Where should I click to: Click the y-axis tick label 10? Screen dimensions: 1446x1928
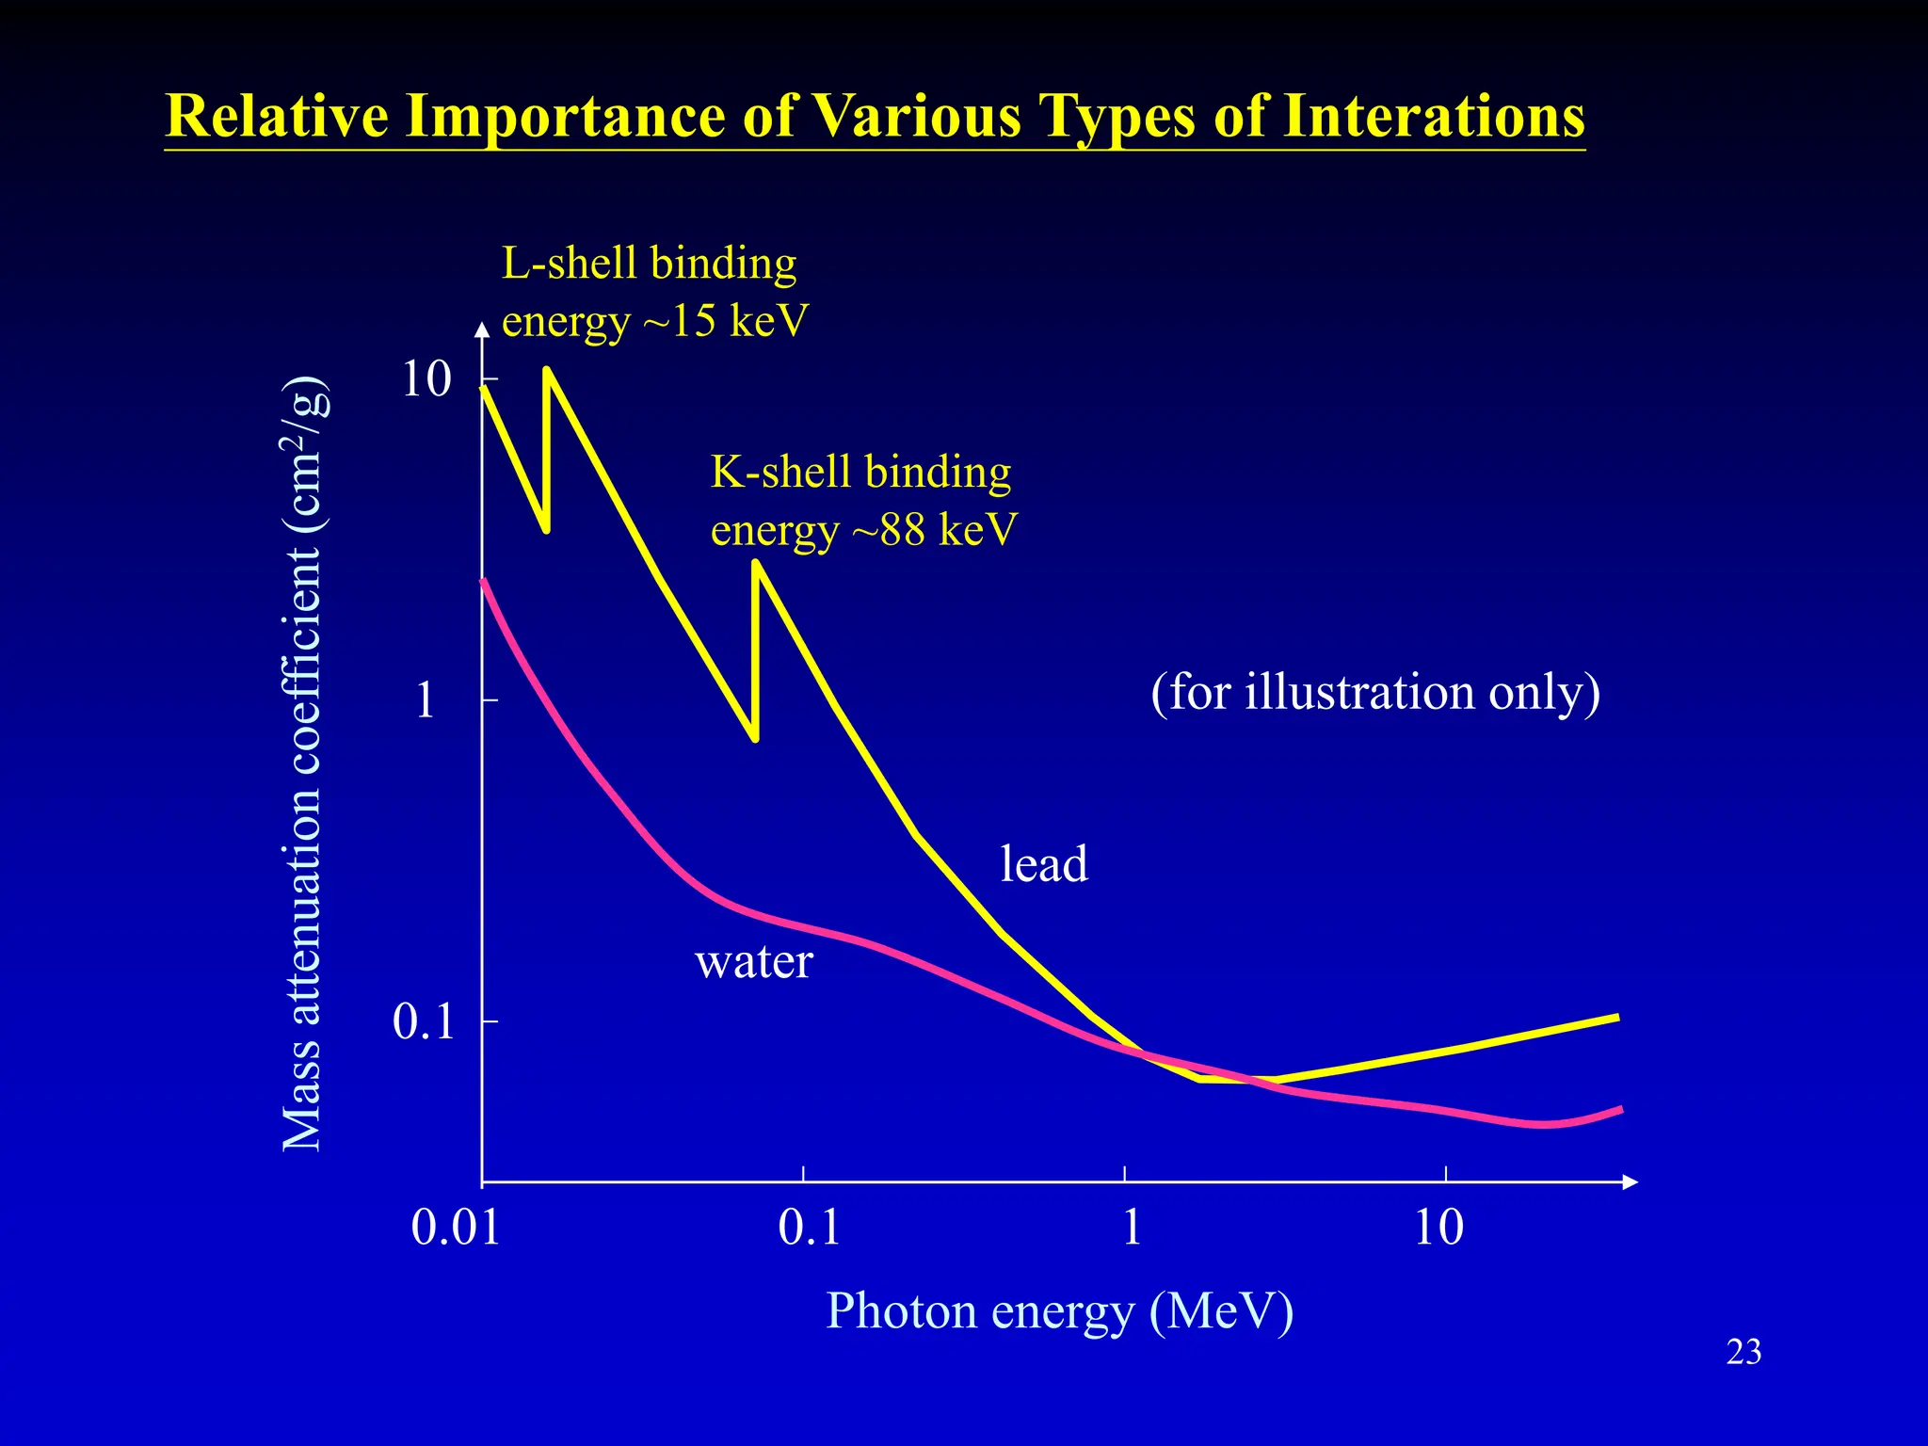[x=426, y=379]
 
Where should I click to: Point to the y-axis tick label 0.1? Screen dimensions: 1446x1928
[x=424, y=1021]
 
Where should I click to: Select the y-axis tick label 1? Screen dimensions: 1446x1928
[x=426, y=700]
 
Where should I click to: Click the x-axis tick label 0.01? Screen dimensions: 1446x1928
[x=456, y=1228]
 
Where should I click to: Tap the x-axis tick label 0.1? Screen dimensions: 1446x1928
[x=809, y=1228]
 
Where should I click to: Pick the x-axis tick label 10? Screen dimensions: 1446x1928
[x=1438, y=1228]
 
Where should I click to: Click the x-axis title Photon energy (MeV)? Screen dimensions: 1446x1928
[x=1059, y=1310]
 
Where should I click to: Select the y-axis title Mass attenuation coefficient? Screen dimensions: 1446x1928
[x=303, y=763]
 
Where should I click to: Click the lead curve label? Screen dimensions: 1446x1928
[x=1043, y=864]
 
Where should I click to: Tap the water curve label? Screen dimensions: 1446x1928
[x=753, y=962]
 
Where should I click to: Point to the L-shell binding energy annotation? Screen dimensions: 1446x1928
[x=653, y=292]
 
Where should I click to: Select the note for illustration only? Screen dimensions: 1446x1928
[x=1374, y=692]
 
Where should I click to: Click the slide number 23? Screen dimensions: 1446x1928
[x=1743, y=1352]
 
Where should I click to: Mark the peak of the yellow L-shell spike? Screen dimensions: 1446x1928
[x=547, y=370]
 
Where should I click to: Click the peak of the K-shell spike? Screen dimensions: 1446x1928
[x=755, y=562]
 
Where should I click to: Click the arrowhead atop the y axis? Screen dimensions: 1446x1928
[x=482, y=329]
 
